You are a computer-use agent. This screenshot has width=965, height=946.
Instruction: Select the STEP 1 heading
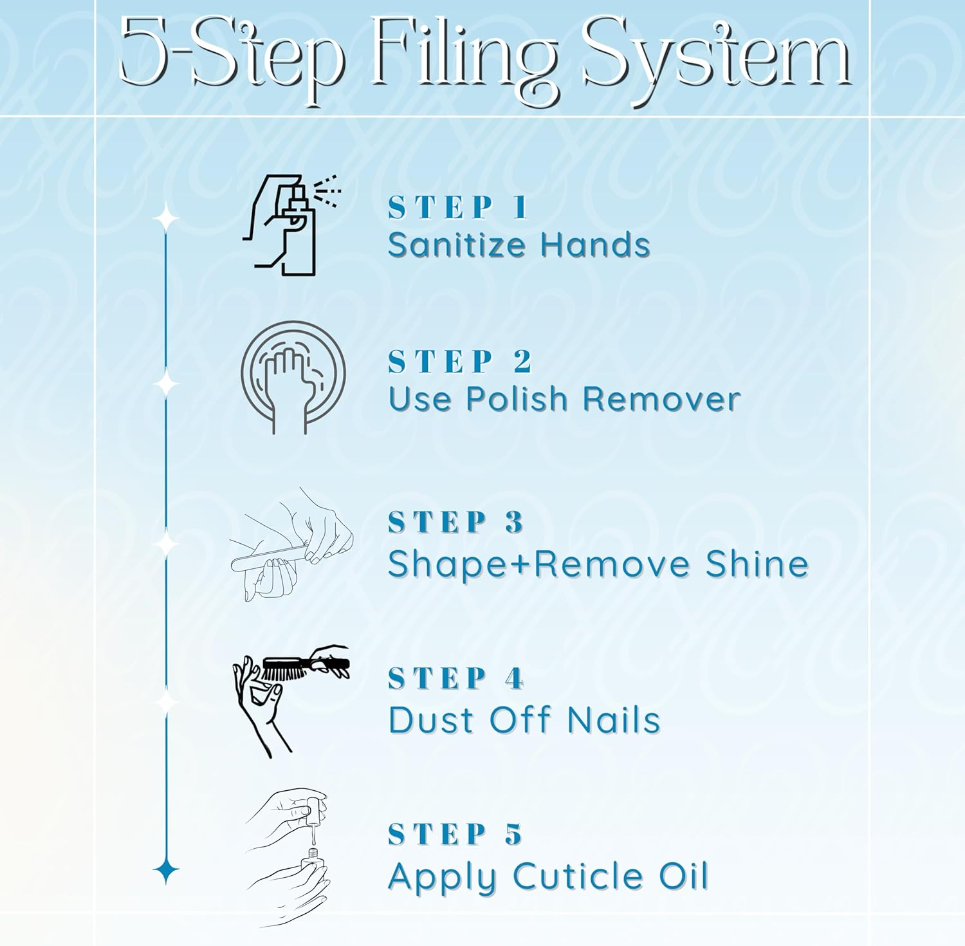pyautogui.click(x=458, y=208)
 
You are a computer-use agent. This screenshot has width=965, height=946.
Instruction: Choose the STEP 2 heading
pyautogui.click(x=460, y=362)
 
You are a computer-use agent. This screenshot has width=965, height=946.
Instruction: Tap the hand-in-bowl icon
pyautogui.click(x=293, y=377)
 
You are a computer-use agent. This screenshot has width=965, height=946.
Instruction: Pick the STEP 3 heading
pyautogui.click(x=456, y=522)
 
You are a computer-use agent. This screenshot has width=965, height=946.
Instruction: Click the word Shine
pyautogui.click(x=757, y=564)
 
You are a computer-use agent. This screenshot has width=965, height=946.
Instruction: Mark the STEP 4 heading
pyautogui.click(x=456, y=678)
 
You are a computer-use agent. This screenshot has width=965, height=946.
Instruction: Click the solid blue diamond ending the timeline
pyautogui.click(x=166, y=871)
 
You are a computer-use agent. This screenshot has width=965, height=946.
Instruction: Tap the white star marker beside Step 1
pyautogui.click(x=166, y=218)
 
